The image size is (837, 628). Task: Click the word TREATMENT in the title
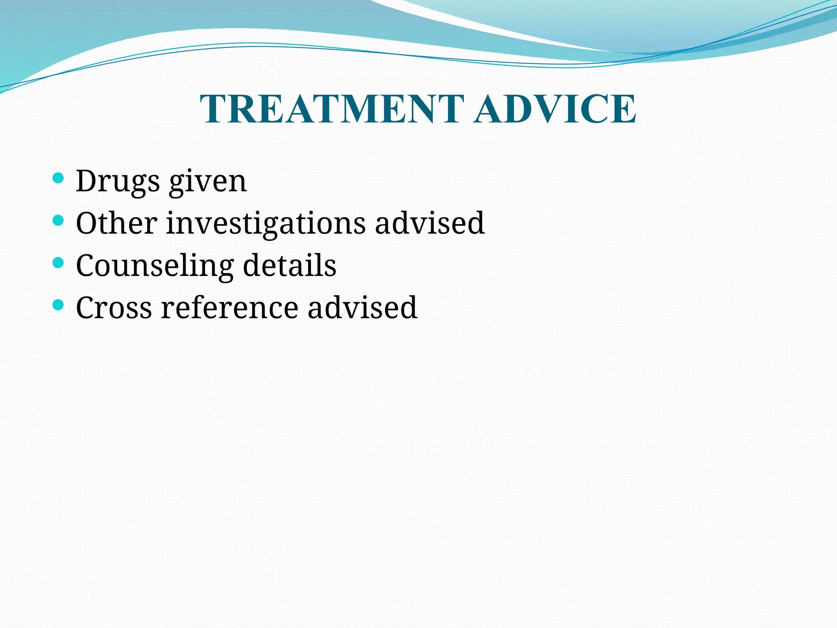click(x=332, y=109)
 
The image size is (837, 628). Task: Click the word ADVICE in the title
click(x=555, y=109)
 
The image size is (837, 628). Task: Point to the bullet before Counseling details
click(x=58, y=263)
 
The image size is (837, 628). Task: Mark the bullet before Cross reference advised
click(x=58, y=305)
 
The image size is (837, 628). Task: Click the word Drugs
click(x=117, y=181)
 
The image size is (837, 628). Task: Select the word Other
click(x=116, y=223)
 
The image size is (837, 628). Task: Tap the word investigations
click(x=266, y=224)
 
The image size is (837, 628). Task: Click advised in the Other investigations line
click(x=430, y=223)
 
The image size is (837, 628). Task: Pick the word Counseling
click(x=154, y=266)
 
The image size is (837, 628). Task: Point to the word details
click(x=289, y=265)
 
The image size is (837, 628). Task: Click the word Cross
click(x=114, y=308)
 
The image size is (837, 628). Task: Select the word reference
click(x=229, y=308)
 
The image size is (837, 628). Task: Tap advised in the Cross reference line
click(x=362, y=307)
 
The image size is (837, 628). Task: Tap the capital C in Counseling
click(x=87, y=265)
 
